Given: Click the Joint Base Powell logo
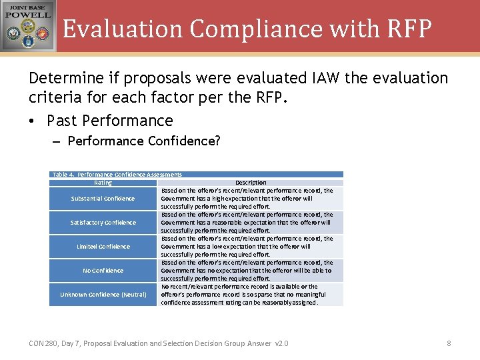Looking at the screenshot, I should tap(28, 26).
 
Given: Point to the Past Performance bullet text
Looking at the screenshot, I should tap(110, 121).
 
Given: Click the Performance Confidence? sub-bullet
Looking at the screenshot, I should tap(144, 141).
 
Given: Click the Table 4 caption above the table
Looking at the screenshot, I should tap(117, 175).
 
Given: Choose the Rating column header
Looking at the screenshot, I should tap(103, 183).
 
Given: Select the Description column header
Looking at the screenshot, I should tap(251, 183).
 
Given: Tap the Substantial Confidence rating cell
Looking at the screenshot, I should tap(103, 199).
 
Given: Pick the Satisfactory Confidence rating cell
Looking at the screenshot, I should tap(103, 223).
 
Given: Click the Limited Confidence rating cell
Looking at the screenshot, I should tap(103, 247).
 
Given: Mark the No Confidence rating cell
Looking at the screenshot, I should tap(103, 271).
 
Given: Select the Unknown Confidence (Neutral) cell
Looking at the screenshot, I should tap(103, 295).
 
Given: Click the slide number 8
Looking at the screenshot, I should tap(449, 343).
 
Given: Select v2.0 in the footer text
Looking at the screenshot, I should tap(281, 343).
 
